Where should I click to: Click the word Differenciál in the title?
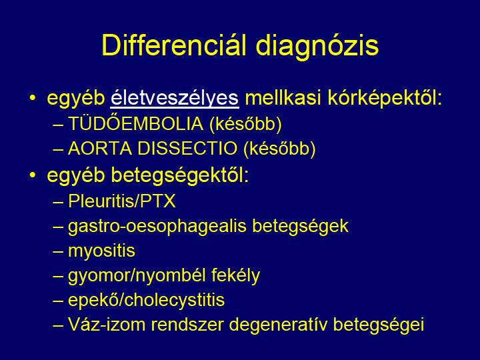[174, 45]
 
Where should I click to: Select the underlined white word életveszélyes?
[175, 99]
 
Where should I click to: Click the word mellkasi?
[283, 98]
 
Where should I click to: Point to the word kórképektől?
[385, 98]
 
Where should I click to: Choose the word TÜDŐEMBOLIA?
[135, 123]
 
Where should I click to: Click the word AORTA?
[99, 149]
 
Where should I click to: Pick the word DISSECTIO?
[187, 149]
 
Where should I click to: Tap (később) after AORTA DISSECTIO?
[279, 149]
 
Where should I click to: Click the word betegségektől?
[180, 175]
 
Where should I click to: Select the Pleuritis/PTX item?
[122, 201]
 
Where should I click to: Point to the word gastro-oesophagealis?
[157, 227]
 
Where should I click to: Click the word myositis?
[101, 251]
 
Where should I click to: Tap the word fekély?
[235, 275]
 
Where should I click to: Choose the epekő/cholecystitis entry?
[146, 300]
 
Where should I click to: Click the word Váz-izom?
[106, 325]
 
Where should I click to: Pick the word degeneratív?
[277, 325]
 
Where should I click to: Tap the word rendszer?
[187, 325]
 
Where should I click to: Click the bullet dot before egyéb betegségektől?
[33, 175]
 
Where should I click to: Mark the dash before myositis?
[58, 251]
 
